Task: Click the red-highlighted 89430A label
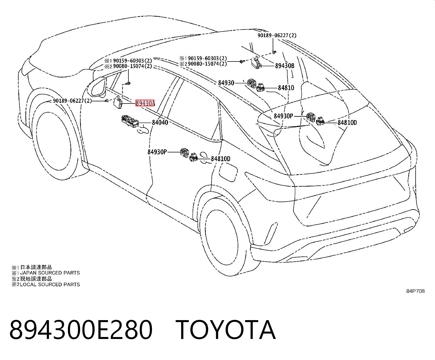pos(145,103)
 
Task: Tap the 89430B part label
pos(285,66)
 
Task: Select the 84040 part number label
pos(160,122)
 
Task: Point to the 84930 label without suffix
pos(226,83)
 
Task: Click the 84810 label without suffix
pos(286,88)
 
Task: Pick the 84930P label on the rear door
pos(157,152)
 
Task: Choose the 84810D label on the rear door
pos(221,159)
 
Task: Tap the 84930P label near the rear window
pos(283,116)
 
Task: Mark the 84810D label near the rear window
pos(347,122)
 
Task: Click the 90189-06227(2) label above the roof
pos(277,36)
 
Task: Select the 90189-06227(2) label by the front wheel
pos(72,101)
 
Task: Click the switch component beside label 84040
pos(130,121)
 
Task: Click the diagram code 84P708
pos(415,291)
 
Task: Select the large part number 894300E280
pos(81,330)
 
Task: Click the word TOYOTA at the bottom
pos(226,330)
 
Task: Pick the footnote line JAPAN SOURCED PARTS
pos(46,273)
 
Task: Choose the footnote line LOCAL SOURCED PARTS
pos(46,284)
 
